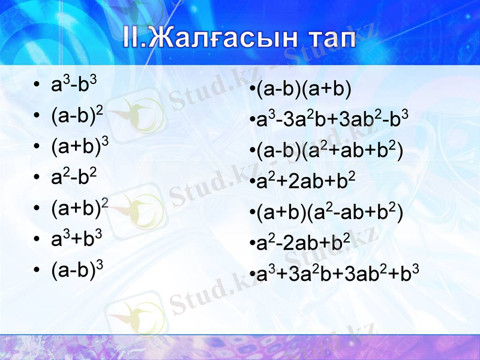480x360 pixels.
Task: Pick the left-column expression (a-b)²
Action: tap(77, 115)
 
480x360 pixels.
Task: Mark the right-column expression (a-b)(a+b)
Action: tap(302, 90)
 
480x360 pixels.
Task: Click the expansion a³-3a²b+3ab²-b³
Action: tap(331, 119)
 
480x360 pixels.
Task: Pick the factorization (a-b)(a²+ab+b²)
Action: tap(328, 150)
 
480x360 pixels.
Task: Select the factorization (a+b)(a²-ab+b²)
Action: tap(328, 212)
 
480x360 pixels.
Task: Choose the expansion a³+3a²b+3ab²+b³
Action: tap(335, 274)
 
